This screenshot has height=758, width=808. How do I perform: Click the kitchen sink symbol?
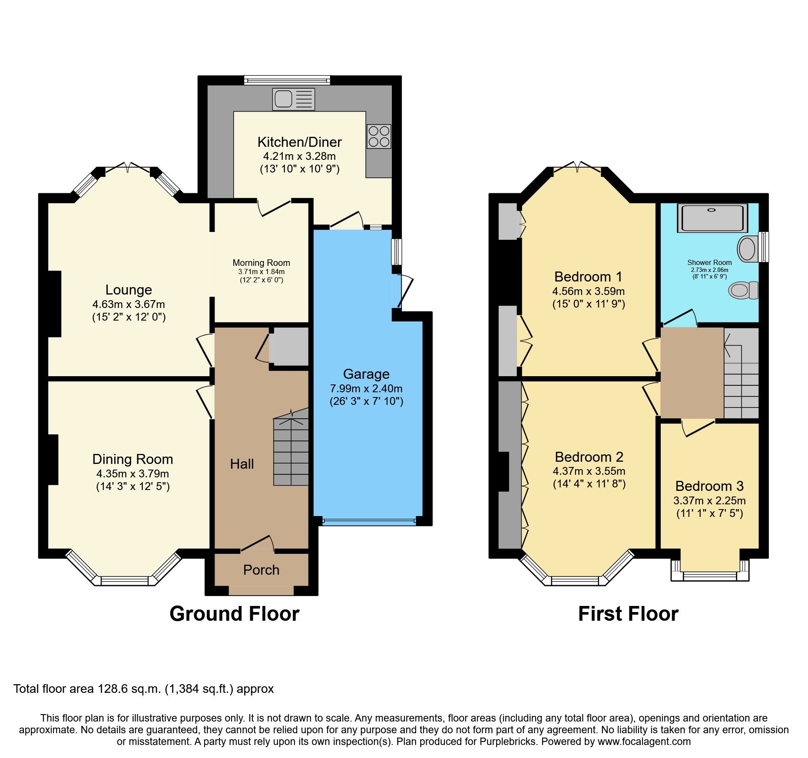293,99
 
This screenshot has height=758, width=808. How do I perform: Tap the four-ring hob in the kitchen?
379,136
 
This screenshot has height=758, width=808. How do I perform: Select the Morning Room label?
261,263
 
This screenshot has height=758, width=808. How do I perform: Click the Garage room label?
366,374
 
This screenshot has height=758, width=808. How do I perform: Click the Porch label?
261,570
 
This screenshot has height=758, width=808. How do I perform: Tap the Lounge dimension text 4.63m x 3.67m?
129,304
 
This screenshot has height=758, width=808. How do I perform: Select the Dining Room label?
132,459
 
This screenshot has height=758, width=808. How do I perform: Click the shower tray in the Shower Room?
712,218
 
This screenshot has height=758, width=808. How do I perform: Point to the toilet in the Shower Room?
744,290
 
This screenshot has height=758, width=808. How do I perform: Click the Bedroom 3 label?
709,486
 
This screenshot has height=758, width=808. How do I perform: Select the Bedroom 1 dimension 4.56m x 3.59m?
588,291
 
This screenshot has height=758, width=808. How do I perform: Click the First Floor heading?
628,614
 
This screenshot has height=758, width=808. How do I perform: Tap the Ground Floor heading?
234,614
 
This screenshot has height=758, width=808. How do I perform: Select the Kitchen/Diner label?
299,142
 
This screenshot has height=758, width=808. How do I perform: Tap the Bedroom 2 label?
589,457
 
